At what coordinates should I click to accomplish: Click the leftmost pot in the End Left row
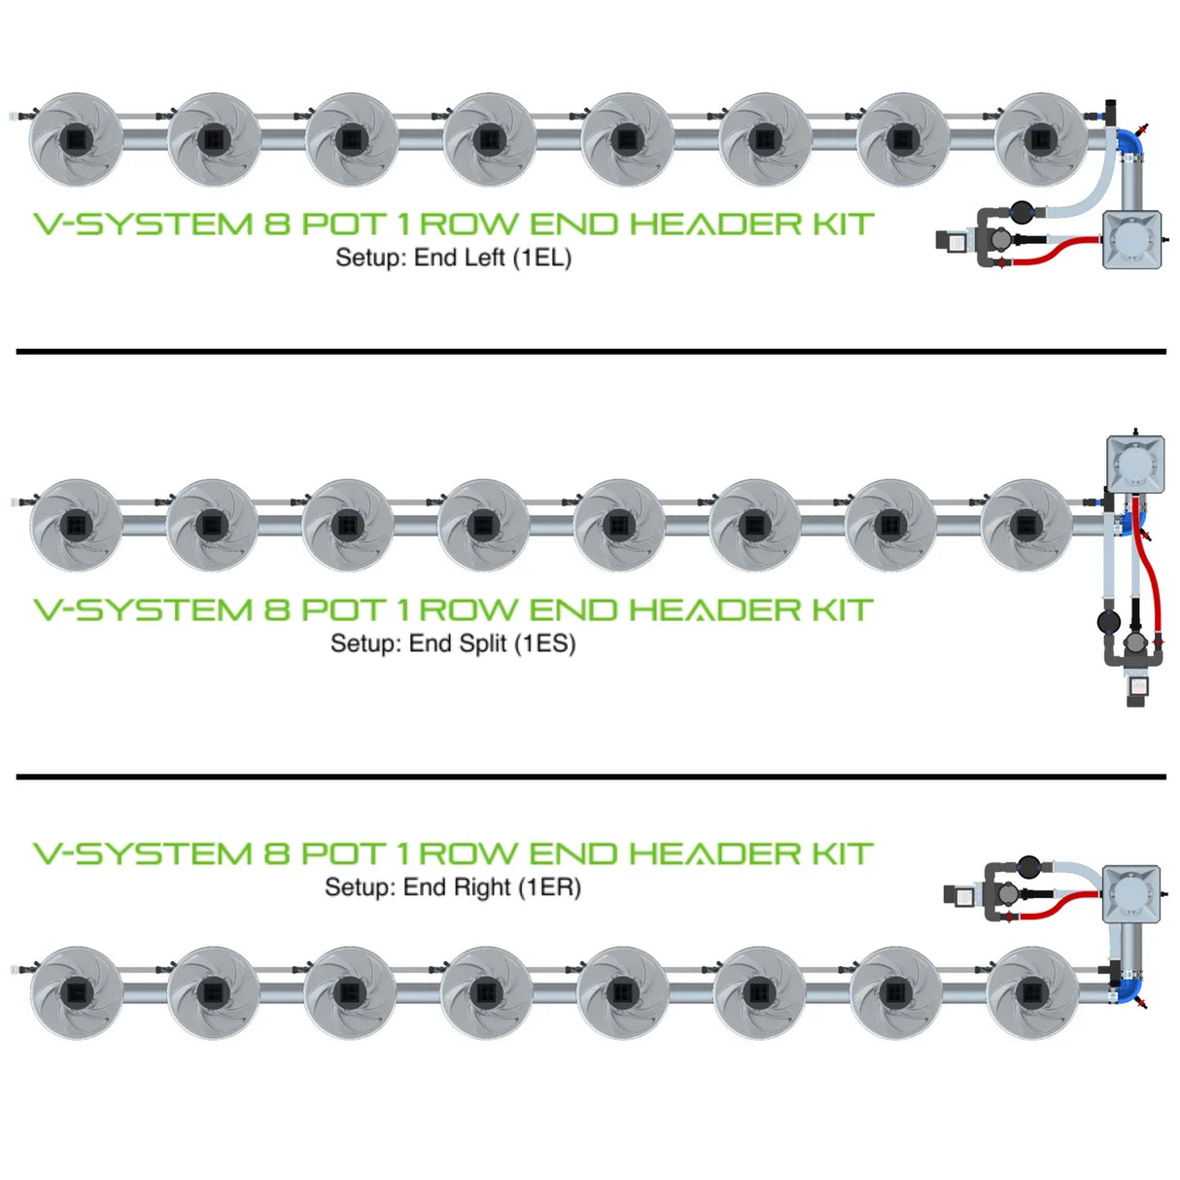tap(75, 140)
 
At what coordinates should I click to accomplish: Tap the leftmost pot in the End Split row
tap(75, 526)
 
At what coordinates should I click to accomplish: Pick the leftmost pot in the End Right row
tap(77, 992)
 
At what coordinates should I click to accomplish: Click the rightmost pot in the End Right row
tap(1031, 992)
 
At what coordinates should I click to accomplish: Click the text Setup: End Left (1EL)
tap(453, 259)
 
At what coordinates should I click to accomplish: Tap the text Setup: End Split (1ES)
tap(453, 643)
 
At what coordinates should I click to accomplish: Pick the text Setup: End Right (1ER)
tap(453, 887)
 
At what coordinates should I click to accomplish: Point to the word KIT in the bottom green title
tap(842, 854)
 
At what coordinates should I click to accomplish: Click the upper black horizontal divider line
tap(590, 351)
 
